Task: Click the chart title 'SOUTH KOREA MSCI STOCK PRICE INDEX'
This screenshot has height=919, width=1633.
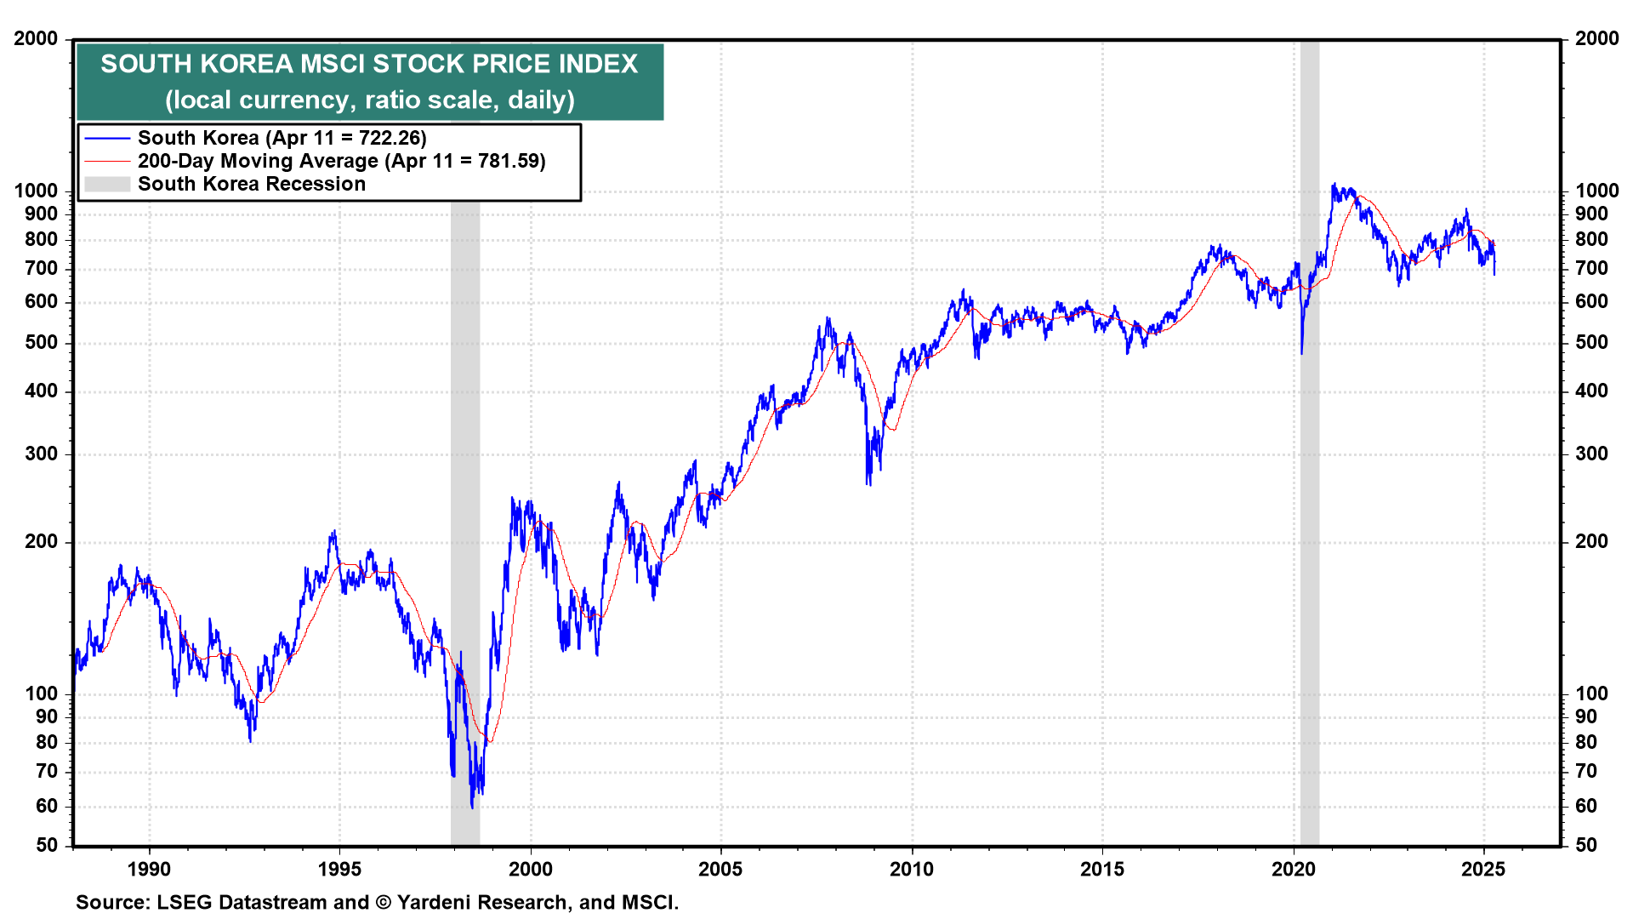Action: (x=369, y=64)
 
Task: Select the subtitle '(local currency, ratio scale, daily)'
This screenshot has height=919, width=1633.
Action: (x=369, y=100)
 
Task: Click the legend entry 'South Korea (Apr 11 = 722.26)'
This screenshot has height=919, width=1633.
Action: (x=282, y=138)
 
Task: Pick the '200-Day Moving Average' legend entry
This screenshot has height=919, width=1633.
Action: (x=341, y=161)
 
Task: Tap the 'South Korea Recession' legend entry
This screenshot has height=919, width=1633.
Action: (x=251, y=184)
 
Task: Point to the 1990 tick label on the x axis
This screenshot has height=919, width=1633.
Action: (x=149, y=870)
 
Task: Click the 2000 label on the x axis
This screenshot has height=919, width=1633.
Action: (x=530, y=870)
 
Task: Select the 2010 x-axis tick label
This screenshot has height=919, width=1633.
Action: (x=912, y=870)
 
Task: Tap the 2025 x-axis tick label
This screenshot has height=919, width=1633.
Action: (x=1483, y=870)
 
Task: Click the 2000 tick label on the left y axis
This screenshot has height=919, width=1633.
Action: (x=37, y=38)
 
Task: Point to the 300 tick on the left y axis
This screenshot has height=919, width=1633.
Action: (x=42, y=454)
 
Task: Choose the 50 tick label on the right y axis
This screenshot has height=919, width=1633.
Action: (x=1585, y=846)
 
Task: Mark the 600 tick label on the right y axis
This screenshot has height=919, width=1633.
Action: (x=1591, y=302)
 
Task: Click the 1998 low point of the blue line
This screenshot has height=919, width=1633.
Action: (x=472, y=807)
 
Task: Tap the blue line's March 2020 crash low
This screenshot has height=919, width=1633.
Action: (x=1301, y=352)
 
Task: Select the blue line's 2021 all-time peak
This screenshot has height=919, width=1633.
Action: (x=1333, y=185)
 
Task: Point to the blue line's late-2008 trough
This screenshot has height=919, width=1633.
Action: (x=868, y=483)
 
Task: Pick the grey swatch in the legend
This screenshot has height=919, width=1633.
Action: (x=107, y=184)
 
